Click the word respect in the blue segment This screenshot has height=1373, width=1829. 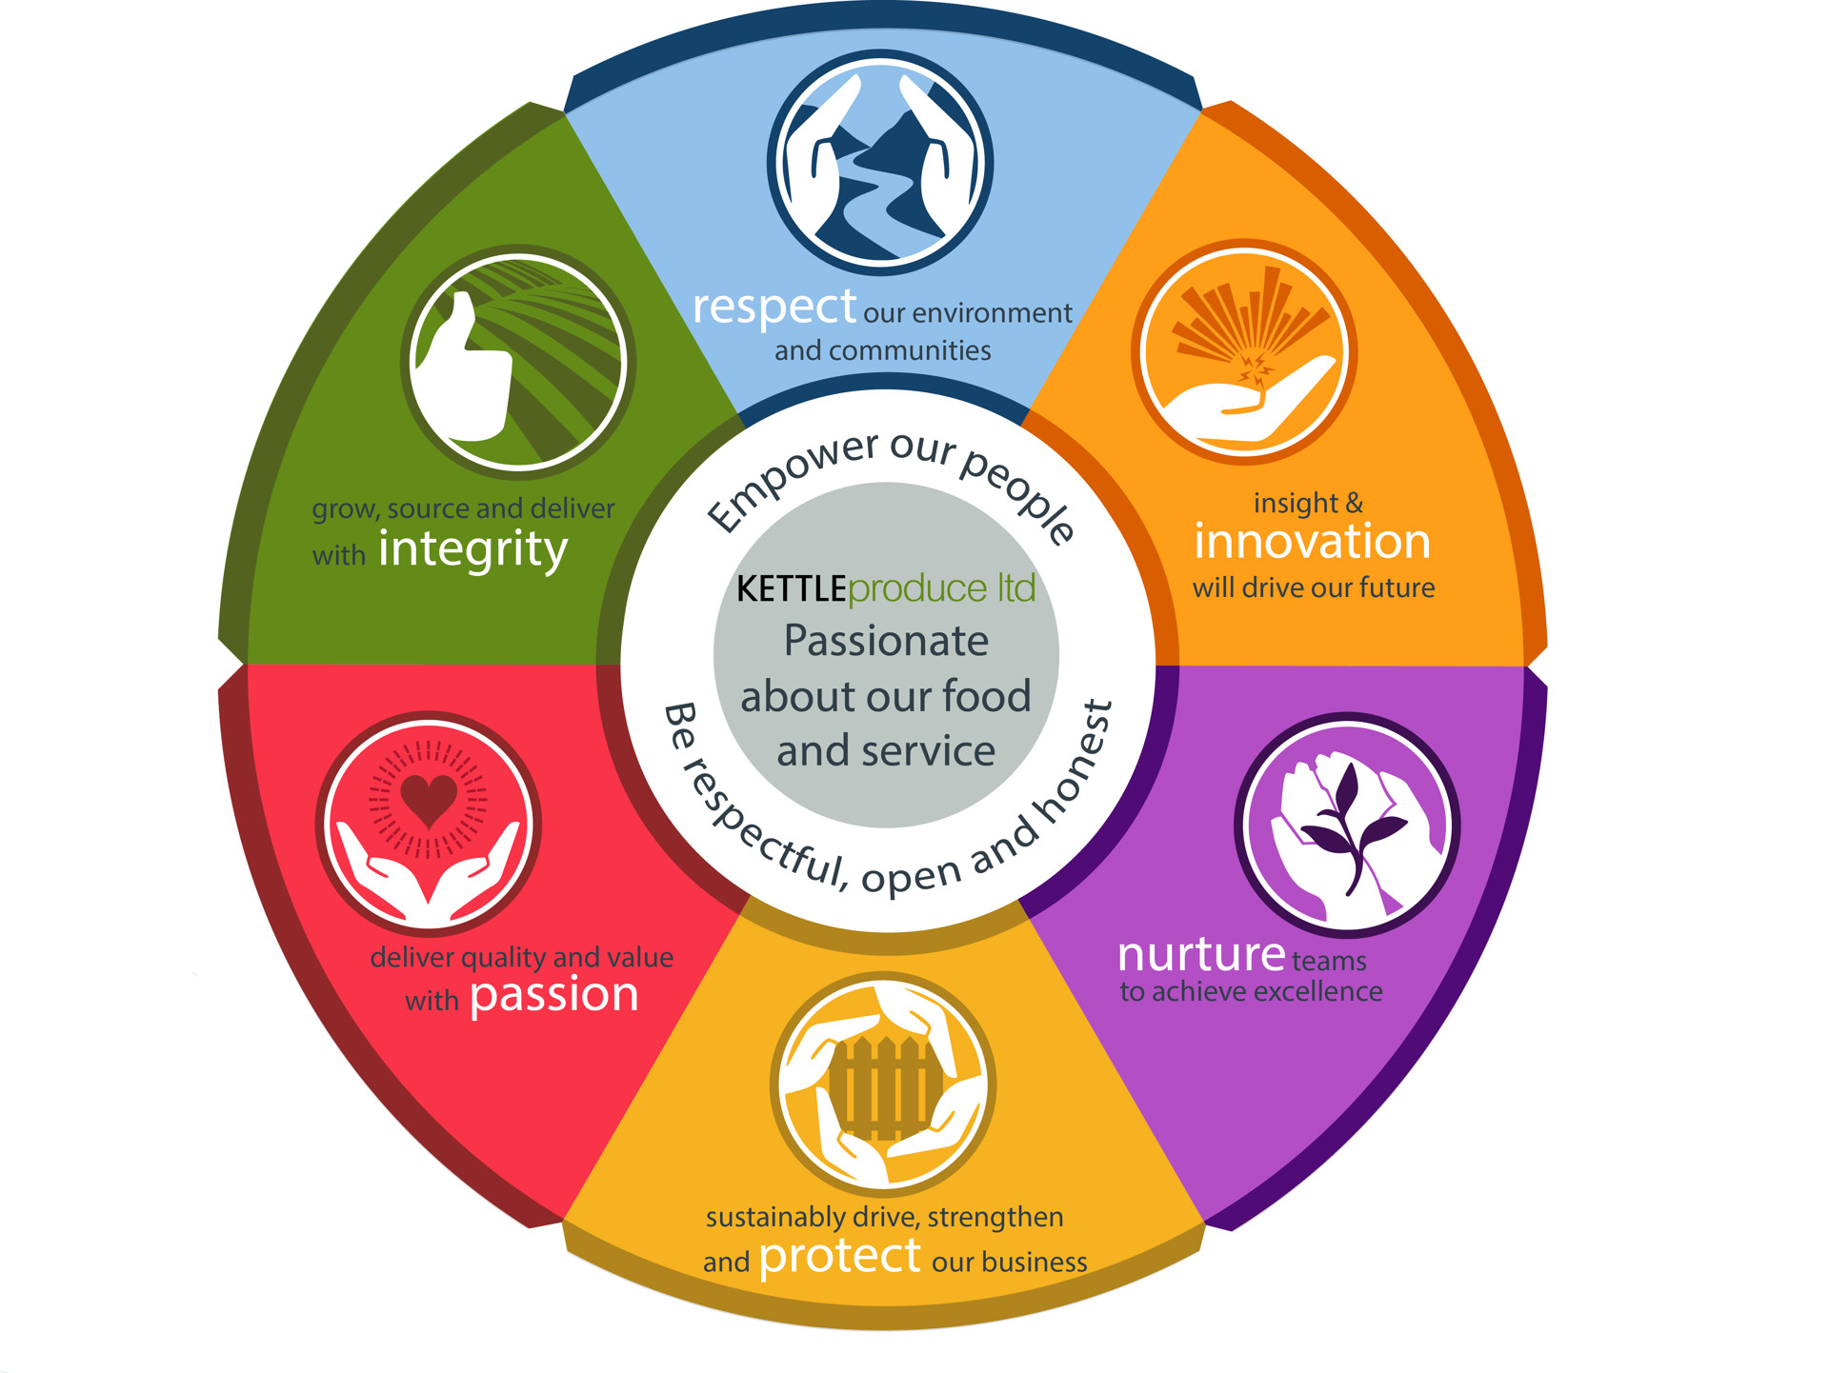point(774,308)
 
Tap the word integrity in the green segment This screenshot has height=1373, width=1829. point(472,550)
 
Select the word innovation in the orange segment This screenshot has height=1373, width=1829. point(1312,542)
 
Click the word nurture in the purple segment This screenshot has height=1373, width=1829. point(1201,954)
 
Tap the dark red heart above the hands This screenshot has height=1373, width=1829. point(429,799)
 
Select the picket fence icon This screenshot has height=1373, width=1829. point(884,1089)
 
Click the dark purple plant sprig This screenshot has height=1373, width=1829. point(1350,826)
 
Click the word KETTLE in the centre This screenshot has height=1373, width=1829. point(791,589)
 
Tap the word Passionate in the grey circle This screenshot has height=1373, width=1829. point(886,641)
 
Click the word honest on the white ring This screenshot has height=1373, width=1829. point(1075,763)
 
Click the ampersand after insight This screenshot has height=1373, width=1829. point(1354,503)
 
